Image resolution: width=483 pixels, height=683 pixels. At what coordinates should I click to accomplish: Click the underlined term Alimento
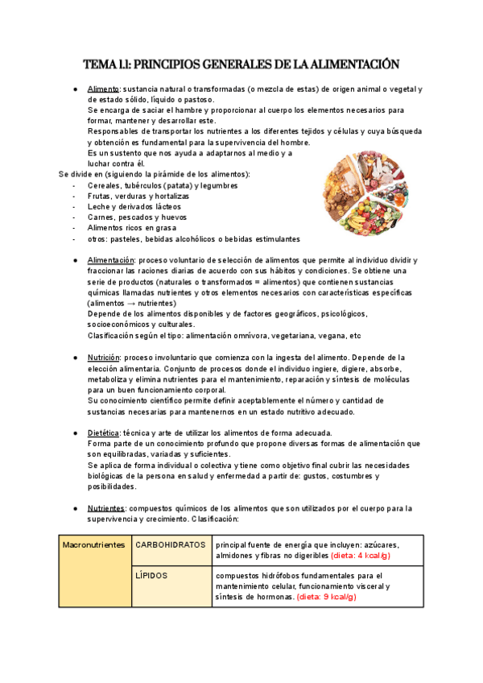click(x=103, y=89)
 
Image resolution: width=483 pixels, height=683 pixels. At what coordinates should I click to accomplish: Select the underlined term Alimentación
click(x=111, y=261)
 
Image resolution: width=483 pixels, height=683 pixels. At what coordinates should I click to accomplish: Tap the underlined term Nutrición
click(x=105, y=357)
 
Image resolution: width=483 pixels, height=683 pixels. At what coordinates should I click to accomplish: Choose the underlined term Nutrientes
click(x=106, y=508)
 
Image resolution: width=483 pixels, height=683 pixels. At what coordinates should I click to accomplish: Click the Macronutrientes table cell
click(x=94, y=544)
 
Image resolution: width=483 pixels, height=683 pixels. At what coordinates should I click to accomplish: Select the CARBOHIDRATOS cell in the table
click(x=170, y=544)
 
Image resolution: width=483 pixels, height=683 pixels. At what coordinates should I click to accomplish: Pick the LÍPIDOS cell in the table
click(x=151, y=576)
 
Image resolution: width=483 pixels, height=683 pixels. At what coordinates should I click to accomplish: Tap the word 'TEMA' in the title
click(x=101, y=63)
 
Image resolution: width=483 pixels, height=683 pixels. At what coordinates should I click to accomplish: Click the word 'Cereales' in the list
click(x=107, y=185)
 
